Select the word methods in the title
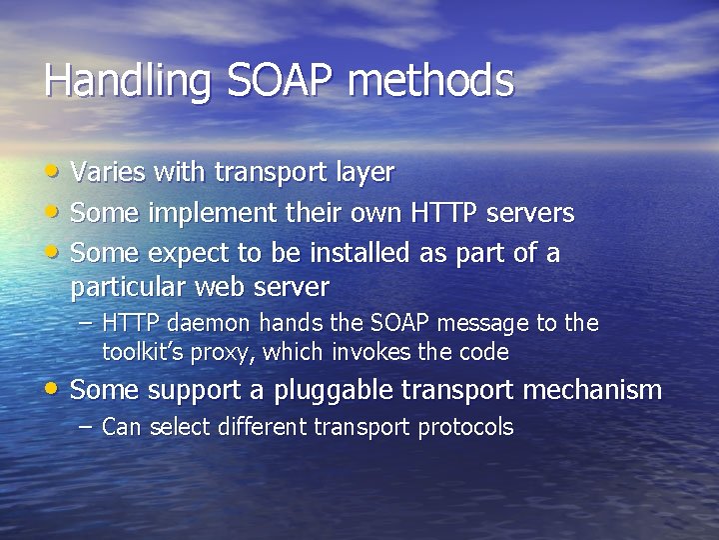pos(431,82)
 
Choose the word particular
pos(130,288)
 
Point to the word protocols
pos(465,428)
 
